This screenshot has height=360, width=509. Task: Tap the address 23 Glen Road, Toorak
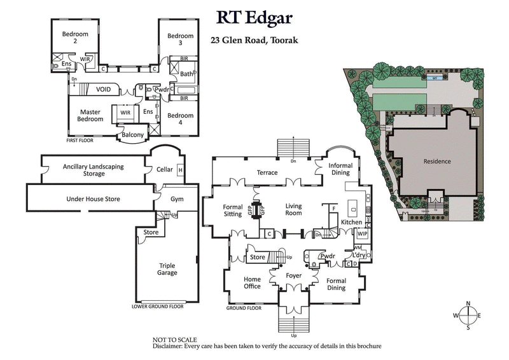(254, 39)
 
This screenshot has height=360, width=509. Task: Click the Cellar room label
(164, 170)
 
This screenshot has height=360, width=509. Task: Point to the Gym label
(177, 200)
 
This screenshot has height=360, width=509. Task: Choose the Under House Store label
(93, 199)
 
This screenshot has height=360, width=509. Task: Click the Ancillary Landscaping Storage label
(93, 170)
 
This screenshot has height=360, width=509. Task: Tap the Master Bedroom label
(90, 116)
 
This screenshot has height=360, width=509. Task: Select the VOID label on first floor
(104, 90)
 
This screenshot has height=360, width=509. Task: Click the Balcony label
(133, 135)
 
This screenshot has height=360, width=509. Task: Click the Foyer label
(293, 277)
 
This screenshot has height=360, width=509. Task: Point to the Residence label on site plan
(437, 162)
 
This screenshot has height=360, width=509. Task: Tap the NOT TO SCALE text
(175, 340)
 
